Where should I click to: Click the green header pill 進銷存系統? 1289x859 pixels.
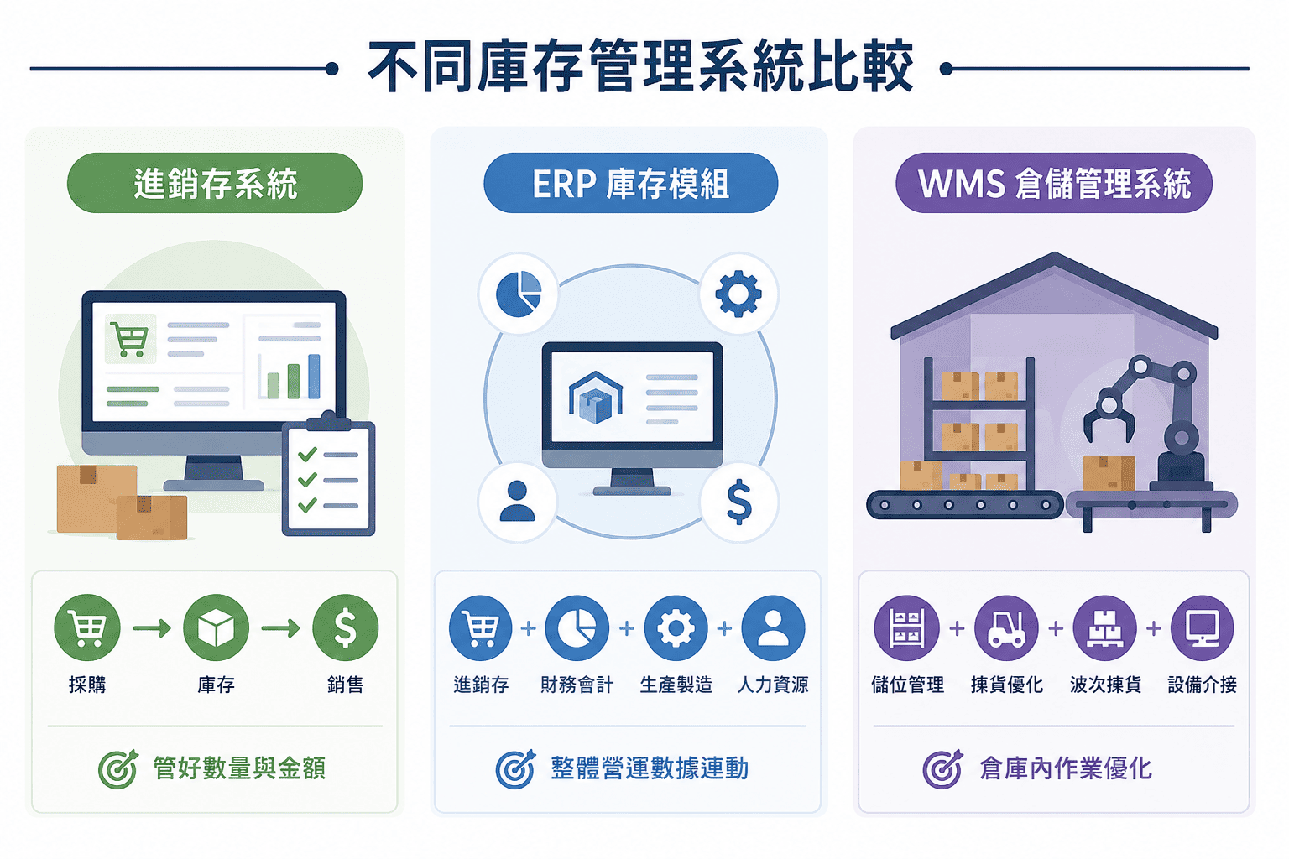pyautogui.click(x=215, y=183)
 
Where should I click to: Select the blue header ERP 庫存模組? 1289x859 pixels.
pyautogui.click(x=631, y=183)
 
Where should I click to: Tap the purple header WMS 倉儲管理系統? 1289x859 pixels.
pyautogui.click(x=1054, y=183)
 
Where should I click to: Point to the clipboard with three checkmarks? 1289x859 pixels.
pyautogui.click(x=329, y=474)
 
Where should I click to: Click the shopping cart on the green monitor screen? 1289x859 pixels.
pyautogui.click(x=130, y=339)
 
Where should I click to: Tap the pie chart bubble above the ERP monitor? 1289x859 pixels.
pyautogui.click(x=518, y=294)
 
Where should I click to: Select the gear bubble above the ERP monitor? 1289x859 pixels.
pyautogui.click(x=738, y=294)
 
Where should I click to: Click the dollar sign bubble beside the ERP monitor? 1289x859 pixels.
pyautogui.click(x=738, y=502)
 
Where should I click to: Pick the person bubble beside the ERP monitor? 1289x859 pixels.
pyautogui.click(x=517, y=502)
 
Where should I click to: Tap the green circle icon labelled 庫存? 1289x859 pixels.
pyautogui.click(x=216, y=627)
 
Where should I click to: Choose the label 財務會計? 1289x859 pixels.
pyautogui.click(x=577, y=685)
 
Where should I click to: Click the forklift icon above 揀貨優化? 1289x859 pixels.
pyautogui.click(x=1006, y=627)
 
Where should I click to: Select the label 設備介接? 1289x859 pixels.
pyautogui.click(x=1202, y=685)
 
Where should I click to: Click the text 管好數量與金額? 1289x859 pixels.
pyautogui.click(x=239, y=768)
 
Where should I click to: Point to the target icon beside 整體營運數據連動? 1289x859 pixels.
pyautogui.click(x=515, y=768)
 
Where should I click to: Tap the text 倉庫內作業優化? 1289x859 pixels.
pyautogui.click(x=1066, y=768)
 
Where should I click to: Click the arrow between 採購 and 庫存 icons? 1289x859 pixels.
pyautogui.click(x=152, y=627)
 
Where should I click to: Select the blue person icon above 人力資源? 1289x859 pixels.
pyautogui.click(x=774, y=627)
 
